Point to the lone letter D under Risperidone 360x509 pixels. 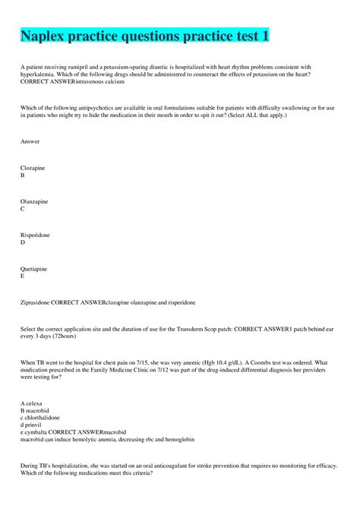[23, 242]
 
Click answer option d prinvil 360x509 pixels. [33, 425]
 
